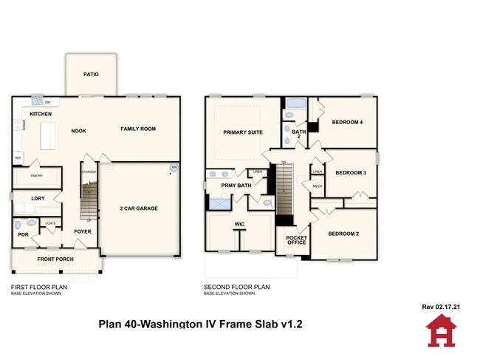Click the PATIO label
pos(91,74)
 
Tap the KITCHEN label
pos(41,114)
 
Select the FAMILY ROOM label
pos(138,129)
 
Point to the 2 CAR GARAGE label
pos(139,208)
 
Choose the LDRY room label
pos(38,198)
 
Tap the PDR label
pos(23,234)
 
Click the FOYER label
pos(82,231)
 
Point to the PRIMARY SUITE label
pos(243,133)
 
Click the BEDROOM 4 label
pos(346,122)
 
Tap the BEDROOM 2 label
pos(343,234)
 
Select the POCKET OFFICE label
pos(296,240)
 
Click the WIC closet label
pos(239,223)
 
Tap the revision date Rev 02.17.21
pos(441,305)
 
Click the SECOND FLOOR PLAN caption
pos(236,287)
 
